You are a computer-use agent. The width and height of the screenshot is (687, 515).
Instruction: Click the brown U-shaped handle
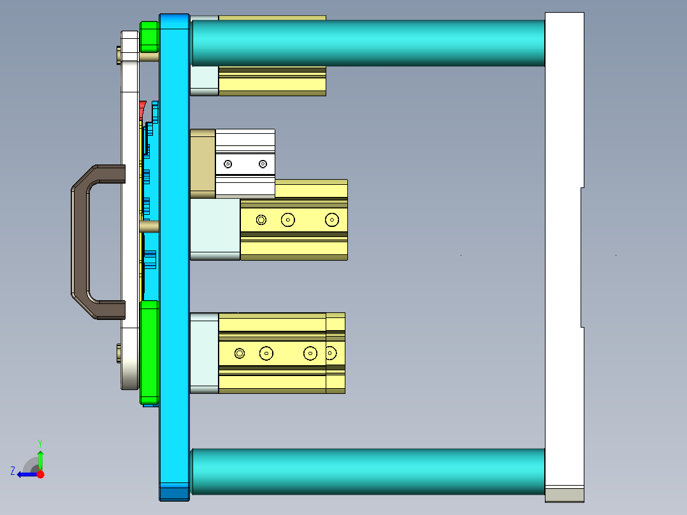[x=80, y=242]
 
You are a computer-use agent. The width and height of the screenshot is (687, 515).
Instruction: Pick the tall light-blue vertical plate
[x=173, y=255]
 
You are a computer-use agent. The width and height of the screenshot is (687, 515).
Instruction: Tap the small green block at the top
[x=148, y=37]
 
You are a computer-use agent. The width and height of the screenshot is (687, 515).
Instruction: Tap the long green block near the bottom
[x=149, y=351]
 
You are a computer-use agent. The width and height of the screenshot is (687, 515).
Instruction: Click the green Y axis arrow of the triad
[x=40, y=458]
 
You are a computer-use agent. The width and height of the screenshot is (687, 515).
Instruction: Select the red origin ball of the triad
[x=40, y=474]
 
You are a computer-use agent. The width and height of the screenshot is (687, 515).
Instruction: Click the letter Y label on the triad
[x=40, y=442]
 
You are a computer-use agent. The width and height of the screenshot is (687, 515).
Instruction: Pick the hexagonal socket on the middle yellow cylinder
[x=261, y=220]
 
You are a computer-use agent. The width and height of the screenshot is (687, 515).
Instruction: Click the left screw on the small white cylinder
[x=228, y=164]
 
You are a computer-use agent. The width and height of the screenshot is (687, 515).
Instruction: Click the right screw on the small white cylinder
[x=263, y=164]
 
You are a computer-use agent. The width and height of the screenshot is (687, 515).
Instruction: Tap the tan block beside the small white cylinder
[x=203, y=163]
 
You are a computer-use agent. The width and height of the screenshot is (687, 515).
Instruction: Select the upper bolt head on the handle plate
[x=120, y=54]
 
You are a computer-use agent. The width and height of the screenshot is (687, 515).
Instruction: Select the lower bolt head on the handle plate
[x=120, y=353]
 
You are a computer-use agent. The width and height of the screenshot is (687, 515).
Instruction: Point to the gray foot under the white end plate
[x=564, y=495]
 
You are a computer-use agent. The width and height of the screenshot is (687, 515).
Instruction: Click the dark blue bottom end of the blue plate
[x=173, y=493]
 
